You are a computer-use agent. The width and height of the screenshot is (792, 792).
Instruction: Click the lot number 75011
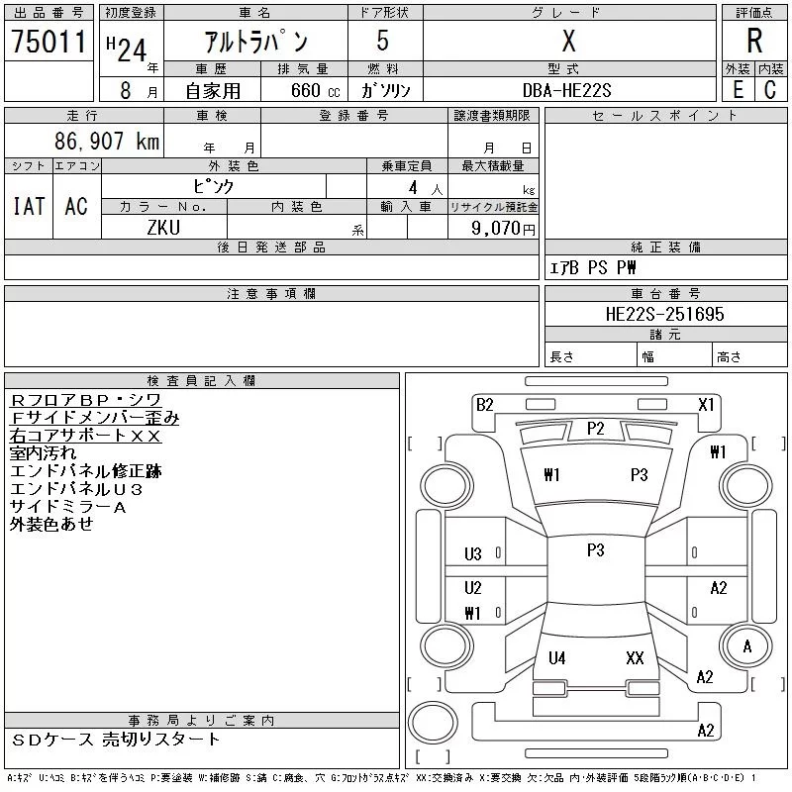tap(49, 42)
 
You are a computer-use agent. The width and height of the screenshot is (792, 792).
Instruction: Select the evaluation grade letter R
tap(754, 42)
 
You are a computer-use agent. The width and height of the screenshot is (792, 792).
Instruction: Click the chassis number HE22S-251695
tap(665, 315)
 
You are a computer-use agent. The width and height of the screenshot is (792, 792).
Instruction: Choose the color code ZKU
tap(163, 227)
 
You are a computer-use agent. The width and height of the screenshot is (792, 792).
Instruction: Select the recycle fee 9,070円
tap(504, 228)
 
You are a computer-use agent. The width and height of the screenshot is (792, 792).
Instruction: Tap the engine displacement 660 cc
tap(302, 90)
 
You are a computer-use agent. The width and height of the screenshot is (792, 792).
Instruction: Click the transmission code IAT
tap(29, 206)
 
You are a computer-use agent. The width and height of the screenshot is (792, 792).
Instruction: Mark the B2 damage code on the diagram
tap(484, 404)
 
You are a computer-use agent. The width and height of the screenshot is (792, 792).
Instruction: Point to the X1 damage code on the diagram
tap(706, 404)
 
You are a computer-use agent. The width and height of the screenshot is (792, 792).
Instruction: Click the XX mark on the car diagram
tap(636, 657)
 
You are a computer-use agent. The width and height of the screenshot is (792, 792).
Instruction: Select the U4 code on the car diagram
tap(557, 657)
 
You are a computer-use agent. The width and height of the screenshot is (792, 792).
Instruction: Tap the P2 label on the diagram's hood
tap(595, 429)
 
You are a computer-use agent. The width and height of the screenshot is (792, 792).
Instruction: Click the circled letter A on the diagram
tap(747, 645)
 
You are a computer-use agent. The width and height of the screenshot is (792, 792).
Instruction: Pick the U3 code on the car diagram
tap(473, 554)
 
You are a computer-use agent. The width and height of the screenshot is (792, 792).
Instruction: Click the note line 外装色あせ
tap(51, 525)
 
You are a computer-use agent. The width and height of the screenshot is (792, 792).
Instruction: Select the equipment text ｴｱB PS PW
tap(593, 268)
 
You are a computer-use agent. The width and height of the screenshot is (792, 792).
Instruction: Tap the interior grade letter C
tap(769, 90)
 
